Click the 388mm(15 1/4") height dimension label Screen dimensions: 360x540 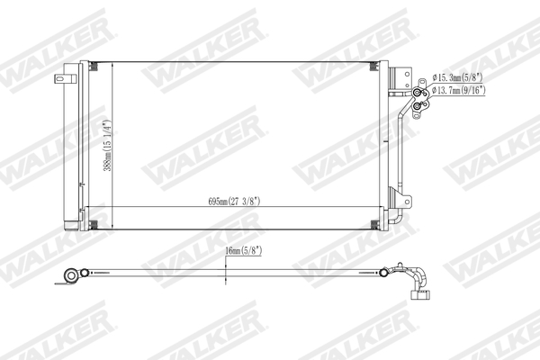pos(105,148)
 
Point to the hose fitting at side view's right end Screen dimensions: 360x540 pos(419,286)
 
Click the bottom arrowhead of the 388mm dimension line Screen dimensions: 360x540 pos(112,224)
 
